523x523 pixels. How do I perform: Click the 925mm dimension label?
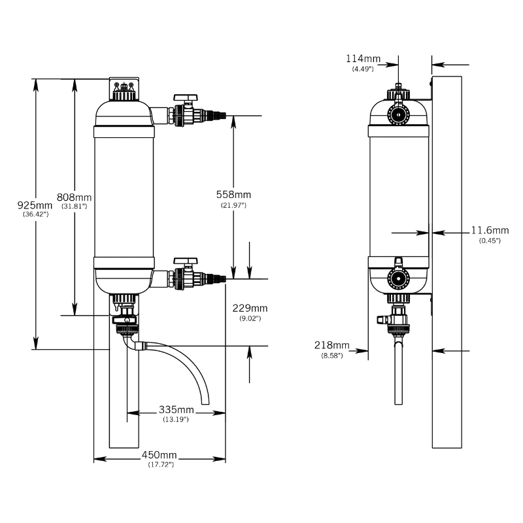point(35,205)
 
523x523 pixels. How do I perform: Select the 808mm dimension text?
point(74,197)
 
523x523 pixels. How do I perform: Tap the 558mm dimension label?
point(233,194)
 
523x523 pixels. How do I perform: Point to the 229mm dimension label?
point(250,308)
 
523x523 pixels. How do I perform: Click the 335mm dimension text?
point(176,409)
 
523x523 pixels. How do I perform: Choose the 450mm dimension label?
point(159,454)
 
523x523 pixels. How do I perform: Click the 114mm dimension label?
point(363,59)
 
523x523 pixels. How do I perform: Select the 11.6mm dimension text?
point(490,230)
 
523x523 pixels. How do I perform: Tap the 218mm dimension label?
point(332,345)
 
